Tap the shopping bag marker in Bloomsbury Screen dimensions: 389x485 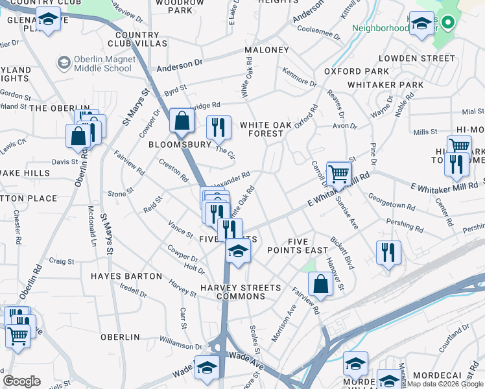[182, 121]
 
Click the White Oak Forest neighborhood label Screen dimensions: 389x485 [262, 129]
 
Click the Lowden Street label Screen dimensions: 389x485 [416, 58]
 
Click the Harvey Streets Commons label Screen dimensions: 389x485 [241, 292]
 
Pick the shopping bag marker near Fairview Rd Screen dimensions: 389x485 [321, 283]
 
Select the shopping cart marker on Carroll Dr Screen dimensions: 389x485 [338, 173]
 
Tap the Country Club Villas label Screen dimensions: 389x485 [137, 39]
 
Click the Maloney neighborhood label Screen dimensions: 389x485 [266, 50]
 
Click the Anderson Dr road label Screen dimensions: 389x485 [175, 65]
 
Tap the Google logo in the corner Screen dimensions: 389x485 [22, 381]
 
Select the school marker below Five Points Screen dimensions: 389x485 [238, 250]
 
